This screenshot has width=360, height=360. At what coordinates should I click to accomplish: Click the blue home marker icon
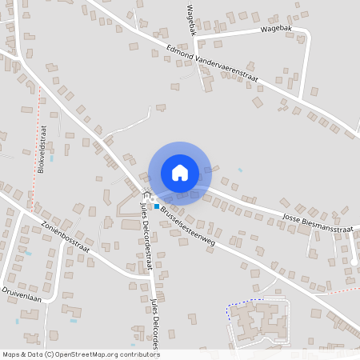(180, 172)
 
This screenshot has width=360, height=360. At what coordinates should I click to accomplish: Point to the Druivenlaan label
(22, 282)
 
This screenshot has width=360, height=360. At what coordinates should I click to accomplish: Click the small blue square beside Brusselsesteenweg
(156, 206)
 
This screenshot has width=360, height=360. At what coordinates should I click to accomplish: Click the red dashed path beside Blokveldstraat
(37, 144)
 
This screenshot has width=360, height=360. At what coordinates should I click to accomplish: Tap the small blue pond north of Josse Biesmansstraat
(239, 170)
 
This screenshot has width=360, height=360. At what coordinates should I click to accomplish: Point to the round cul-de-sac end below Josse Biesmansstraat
(353, 261)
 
